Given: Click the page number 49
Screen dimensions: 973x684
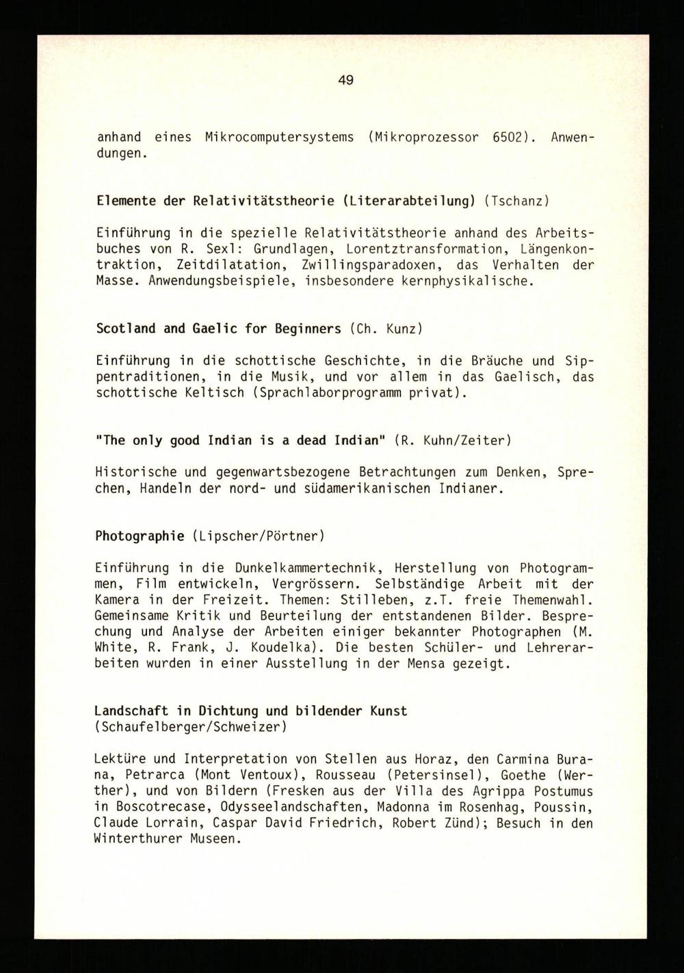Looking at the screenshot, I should pos(345,81).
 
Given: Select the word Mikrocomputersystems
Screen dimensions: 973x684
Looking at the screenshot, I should pos(279,137).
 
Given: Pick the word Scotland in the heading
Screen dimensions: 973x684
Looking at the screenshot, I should pos(126,329).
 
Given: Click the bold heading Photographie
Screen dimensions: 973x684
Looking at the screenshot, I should pos(140,536).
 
